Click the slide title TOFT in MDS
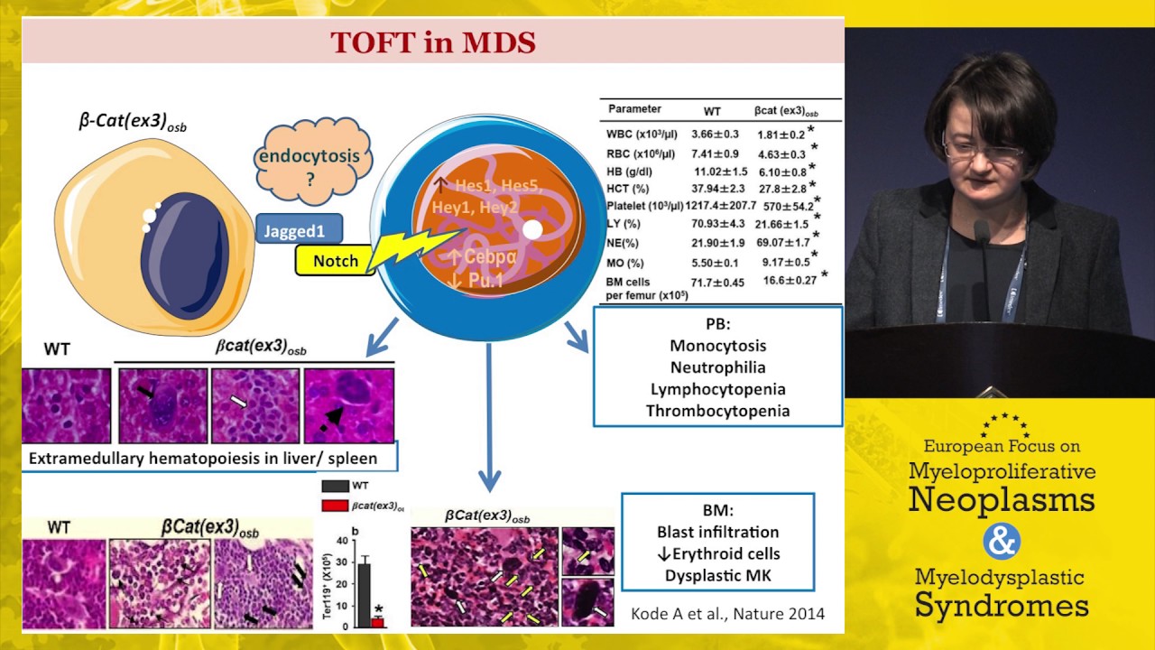(432, 42)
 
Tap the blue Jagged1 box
(294, 231)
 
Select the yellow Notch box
(335, 261)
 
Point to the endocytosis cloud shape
(309, 163)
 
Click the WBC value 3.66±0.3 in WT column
(715, 134)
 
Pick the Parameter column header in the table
(634, 109)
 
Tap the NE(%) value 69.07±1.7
(781, 244)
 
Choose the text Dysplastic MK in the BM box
(717, 575)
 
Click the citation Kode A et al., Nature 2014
(727, 615)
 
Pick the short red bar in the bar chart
(378, 622)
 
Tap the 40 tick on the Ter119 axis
(341, 541)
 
